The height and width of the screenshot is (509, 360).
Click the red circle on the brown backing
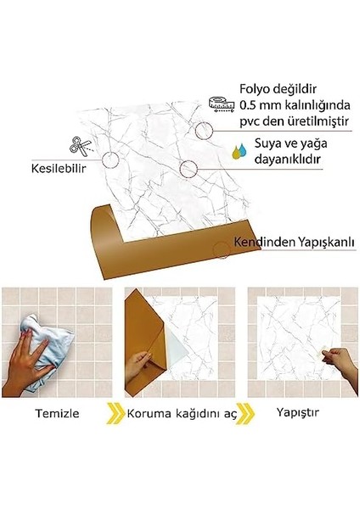[222, 247]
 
